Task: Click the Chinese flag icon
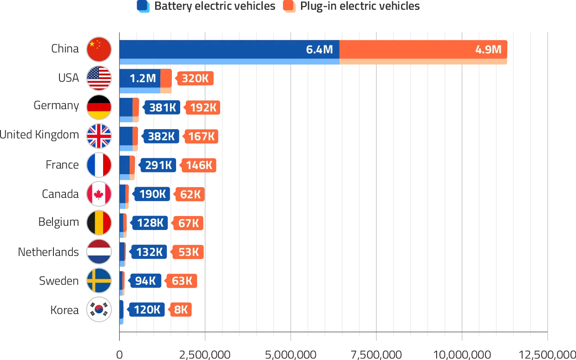[99, 50]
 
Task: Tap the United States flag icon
[99, 79]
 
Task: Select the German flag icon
[99, 107]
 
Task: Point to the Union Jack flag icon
[99, 136]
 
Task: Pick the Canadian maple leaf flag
[99, 194]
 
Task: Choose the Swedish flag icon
[99, 281]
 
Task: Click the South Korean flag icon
[99, 309]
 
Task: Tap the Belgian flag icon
[99, 223]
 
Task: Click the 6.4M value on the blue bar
[320, 50]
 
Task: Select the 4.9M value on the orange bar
[488, 50]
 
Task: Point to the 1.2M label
[143, 79]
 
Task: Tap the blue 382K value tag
[161, 136]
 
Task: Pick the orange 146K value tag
[198, 165]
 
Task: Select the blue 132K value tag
[149, 252]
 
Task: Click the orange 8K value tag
[181, 309]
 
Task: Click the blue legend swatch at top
[143, 6]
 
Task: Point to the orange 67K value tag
[188, 223]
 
